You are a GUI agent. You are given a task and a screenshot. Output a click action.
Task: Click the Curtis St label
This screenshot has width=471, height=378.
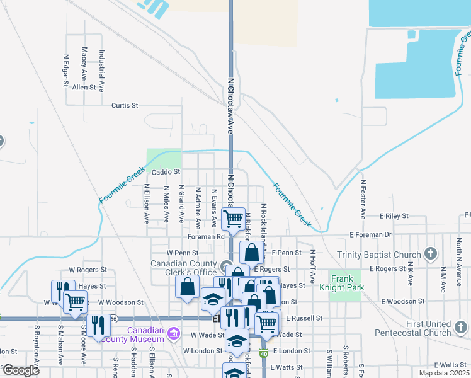pos(124,105)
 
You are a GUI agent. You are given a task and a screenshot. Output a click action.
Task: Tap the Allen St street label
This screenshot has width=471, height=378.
pos(84,88)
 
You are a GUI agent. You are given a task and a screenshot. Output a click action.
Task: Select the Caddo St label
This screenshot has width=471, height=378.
pos(166,171)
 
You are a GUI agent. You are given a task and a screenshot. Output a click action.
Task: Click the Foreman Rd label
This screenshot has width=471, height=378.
pos(206,237)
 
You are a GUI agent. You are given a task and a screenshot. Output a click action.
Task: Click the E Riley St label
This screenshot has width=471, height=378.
pos(394,216)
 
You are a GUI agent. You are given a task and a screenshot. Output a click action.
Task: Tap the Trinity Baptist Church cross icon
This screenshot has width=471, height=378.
pos(431,254)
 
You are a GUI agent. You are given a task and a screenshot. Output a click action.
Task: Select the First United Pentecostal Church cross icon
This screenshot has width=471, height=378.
pos(462,327)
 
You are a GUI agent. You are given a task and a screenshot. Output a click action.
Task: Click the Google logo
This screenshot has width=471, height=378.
pos(21,370)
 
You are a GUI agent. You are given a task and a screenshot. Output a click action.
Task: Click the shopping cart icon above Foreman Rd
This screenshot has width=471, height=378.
pos(234,218)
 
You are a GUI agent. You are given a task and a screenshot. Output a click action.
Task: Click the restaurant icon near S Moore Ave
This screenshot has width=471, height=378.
pos(98,325)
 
